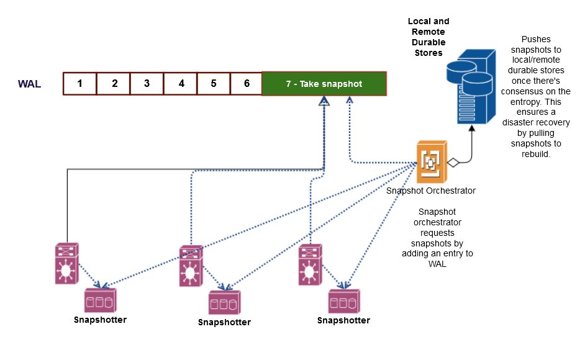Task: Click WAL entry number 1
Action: [80, 83]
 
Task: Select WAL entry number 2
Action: [114, 83]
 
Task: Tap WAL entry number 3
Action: [147, 83]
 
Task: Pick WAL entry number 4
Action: [181, 83]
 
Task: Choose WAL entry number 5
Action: [214, 83]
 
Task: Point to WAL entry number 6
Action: [247, 83]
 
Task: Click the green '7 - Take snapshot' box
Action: [324, 83]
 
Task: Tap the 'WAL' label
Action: [29, 84]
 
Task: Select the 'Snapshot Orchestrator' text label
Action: [430, 191]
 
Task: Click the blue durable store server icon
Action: [472, 87]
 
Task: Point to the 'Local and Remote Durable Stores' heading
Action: [428, 37]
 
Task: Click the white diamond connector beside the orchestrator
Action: [454, 163]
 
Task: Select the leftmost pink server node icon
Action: [66, 264]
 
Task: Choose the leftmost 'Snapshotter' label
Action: [100, 320]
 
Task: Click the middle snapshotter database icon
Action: [224, 302]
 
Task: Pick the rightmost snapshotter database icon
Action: [343, 301]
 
